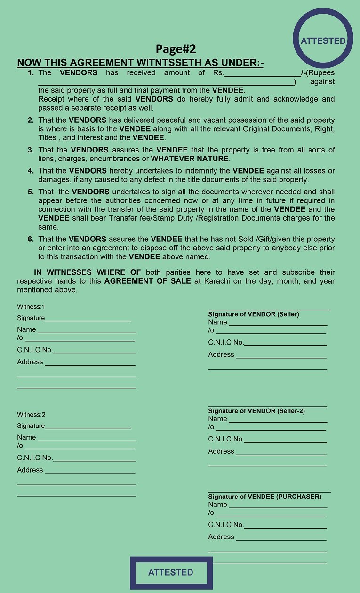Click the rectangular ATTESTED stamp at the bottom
pyautogui.click(x=171, y=573)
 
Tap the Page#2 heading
pyautogui.click(x=176, y=49)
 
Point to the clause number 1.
pyautogui.click(x=31, y=73)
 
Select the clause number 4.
pyautogui.click(x=31, y=171)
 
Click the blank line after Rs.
pyautogui.click(x=263, y=73)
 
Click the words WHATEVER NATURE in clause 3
pyautogui.click(x=190, y=159)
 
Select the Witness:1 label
pyautogui.click(x=31, y=307)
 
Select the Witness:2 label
pyautogui.click(x=31, y=415)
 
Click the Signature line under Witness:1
pyautogui.click(x=88, y=319)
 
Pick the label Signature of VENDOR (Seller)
pyautogui.click(x=254, y=314)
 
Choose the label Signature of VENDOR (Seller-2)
pyautogui.click(x=256, y=411)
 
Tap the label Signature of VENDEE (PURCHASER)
pyautogui.click(x=265, y=497)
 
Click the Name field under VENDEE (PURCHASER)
pyautogui.click(x=278, y=505)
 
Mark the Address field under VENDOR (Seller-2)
pyautogui.click(x=281, y=452)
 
